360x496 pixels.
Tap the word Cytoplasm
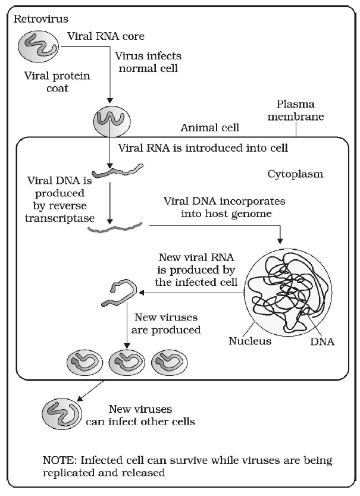pos(295,175)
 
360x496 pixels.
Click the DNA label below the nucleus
pos(322,342)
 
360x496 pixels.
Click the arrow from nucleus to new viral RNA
pos(190,293)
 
